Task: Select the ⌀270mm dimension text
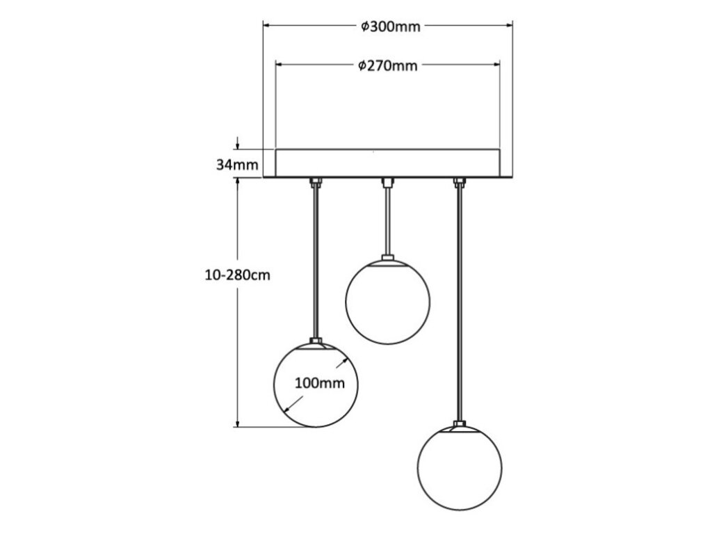(389, 66)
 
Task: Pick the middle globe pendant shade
(388, 303)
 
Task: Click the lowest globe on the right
(459, 467)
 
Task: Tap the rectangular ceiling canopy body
(388, 163)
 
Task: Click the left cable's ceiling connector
(316, 184)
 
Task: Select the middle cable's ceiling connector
(387, 184)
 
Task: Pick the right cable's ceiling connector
(459, 184)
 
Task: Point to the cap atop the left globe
(316, 341)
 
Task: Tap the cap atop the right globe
(459, 424)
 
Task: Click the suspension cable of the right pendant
(459, 306)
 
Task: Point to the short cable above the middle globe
(387, 222)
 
